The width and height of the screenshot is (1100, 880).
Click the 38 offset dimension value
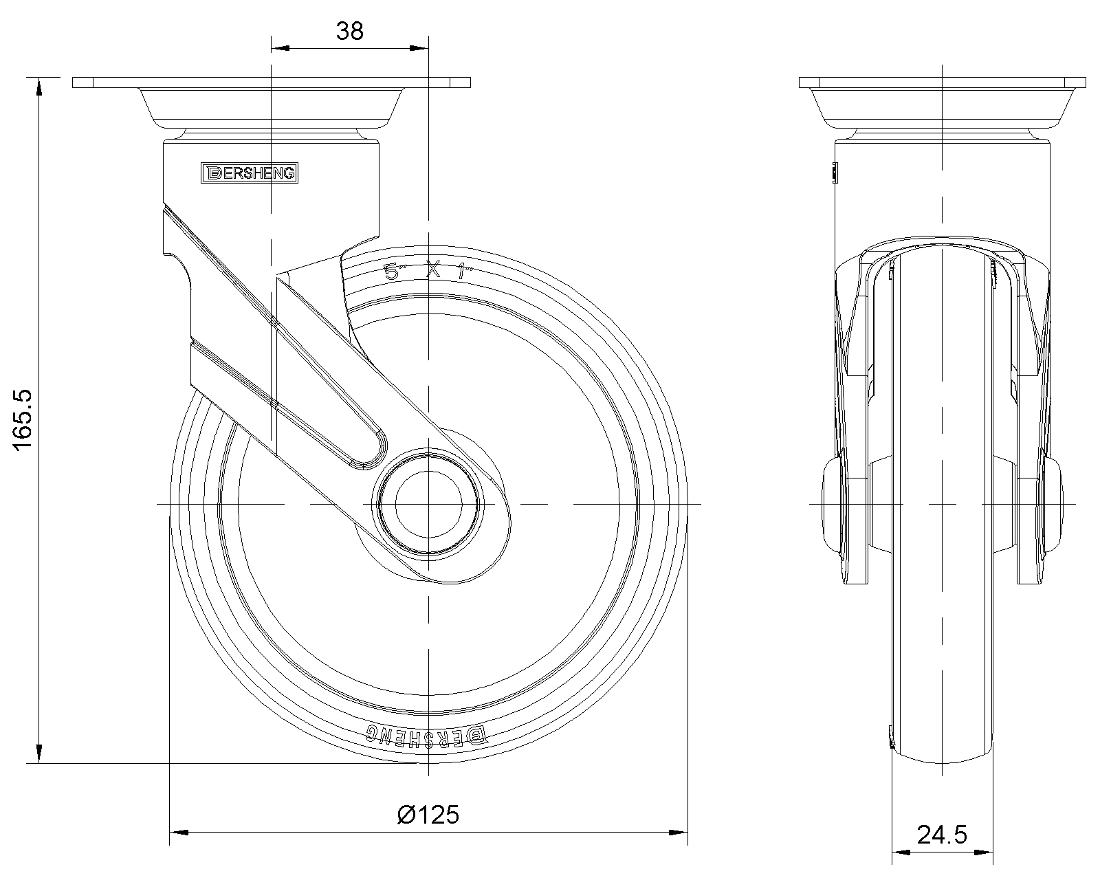(350, 31)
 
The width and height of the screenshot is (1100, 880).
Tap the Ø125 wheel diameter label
(428, 815)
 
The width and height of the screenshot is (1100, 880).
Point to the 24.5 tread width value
(941, 835)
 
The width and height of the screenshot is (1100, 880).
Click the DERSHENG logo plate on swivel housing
(250, 173)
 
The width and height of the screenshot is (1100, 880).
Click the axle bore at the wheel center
(428, 505)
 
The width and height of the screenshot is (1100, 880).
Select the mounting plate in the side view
(272, 83)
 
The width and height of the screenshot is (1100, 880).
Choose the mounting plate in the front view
(943, 83)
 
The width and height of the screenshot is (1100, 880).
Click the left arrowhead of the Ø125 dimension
(178, 833)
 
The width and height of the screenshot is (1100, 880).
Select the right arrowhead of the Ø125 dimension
(679, 833)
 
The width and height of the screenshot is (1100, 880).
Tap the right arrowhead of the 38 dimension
(419, 48)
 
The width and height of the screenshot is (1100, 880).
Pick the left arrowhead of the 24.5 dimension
(900, 852)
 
